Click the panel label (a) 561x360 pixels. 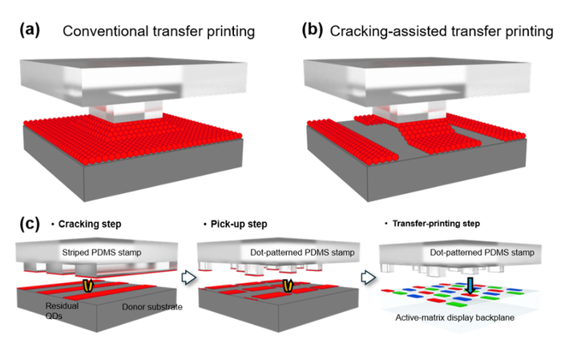click(x=30, y=30)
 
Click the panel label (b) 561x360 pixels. click(x=312, y=30)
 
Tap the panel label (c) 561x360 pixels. click(x=30, y=224)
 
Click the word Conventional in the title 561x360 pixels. click(x=106, y=31)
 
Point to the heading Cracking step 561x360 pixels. click(x=90, y=224)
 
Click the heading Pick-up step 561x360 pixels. click(x=239, y=224)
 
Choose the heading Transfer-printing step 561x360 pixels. click(x=436, y=224)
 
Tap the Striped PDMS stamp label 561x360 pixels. click(x=102, y=253)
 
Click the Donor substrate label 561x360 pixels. click(x=152, y=306)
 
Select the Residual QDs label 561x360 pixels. click(x=62, y=310)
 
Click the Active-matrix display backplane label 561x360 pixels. click(x=454, y=318)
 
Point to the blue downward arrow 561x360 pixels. click(x=470, y=285)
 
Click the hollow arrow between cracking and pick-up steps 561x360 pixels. click(x=189, y=277)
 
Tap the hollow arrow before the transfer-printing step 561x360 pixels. click(x=368, y=277)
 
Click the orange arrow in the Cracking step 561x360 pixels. click(x=87, y=285)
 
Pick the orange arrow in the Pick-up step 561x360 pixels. click(x=288, y=285)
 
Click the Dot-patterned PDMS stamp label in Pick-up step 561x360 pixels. click(x=302, y=253)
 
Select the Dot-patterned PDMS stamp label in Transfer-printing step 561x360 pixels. click(x=482, y=253)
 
